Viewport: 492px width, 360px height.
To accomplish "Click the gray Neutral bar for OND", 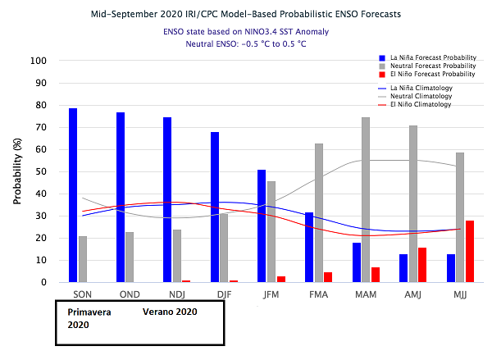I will [130, 257].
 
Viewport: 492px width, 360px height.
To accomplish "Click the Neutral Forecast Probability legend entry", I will [426, 66].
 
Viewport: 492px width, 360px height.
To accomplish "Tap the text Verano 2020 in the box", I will [170, 312].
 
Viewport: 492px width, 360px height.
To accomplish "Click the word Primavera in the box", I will [89, 312].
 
